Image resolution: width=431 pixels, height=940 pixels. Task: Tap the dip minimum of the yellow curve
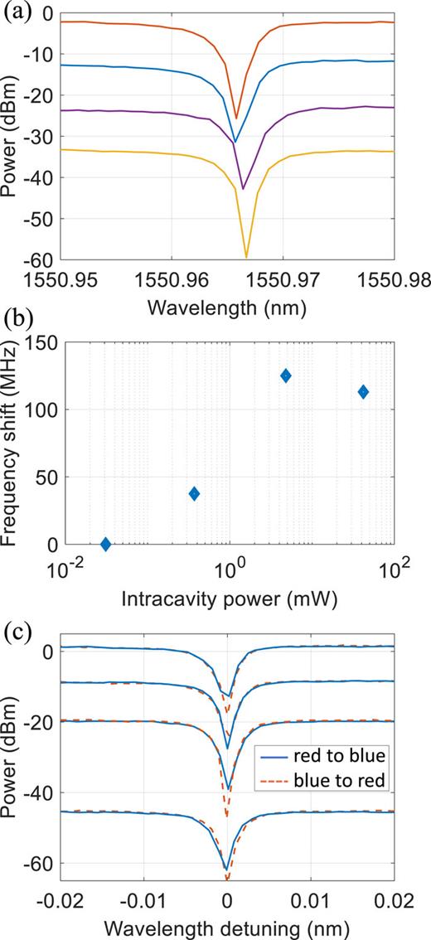(x=246, y=257)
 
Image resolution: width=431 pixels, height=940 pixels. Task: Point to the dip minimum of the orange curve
(x=236, y=118)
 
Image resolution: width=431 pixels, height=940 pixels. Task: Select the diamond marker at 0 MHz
(x=105, y=544)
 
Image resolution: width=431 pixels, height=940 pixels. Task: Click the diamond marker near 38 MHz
(x=194, y=493)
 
